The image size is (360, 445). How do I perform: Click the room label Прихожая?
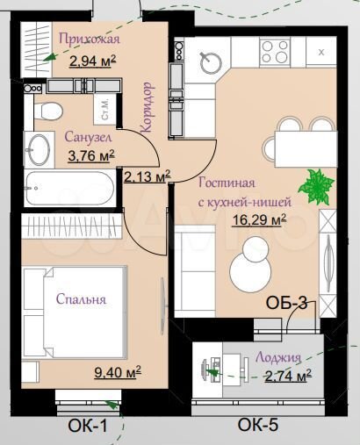tap(89, 39)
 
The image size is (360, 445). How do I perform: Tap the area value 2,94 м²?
tap(92, 61)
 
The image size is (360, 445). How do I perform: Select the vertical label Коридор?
tap(148, 106)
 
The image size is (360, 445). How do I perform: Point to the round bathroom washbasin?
tap(40, 148)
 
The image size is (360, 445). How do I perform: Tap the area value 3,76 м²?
tap(90, 156)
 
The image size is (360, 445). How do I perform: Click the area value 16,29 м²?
tap(257, 219)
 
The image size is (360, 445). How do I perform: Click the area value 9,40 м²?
tap(118, 371)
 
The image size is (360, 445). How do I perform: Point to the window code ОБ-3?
tap(286, 305)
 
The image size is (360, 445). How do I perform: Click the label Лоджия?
tap(279, 357)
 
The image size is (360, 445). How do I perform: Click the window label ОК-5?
tap(258, 427)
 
